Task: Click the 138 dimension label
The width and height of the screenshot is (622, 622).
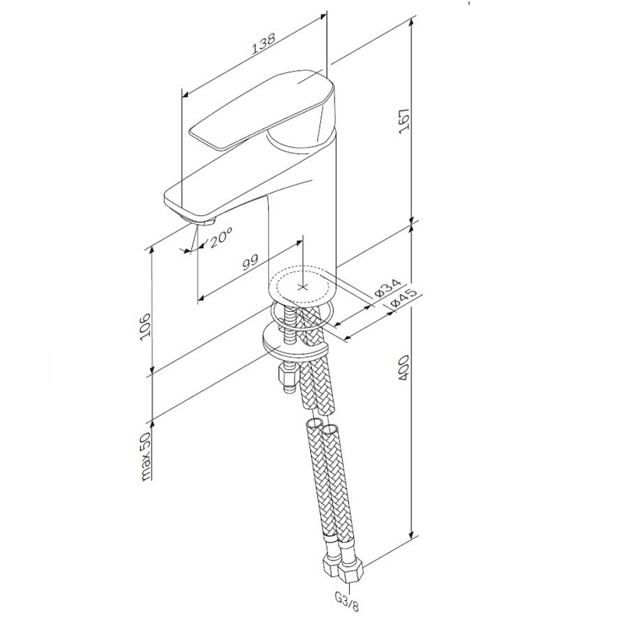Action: tap(263, 48)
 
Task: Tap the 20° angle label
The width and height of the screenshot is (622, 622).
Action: tap(220, 239)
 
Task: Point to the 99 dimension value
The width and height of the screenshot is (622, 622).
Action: tap(250, 262)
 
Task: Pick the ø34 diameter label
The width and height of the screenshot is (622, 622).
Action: tap(386, 288)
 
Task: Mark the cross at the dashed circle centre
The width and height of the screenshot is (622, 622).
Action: tap(303, 285)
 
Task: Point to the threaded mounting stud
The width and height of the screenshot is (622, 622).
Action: tap(292, 327)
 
